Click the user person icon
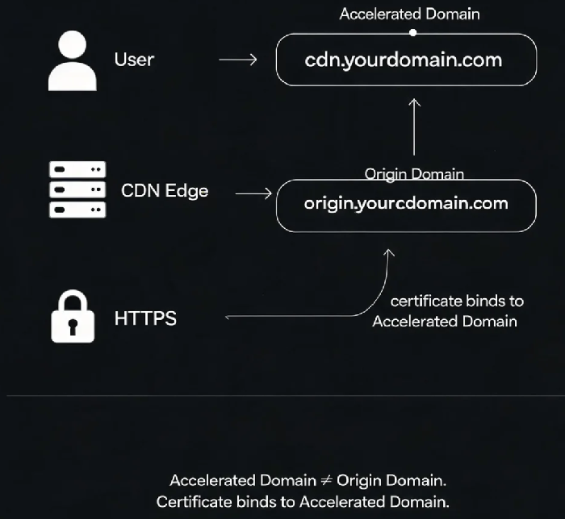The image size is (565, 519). click(73, 60)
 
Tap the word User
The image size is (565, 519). click(134, 60)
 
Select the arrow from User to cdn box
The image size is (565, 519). click(238, 60)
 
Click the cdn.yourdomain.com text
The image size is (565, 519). click(404, 60)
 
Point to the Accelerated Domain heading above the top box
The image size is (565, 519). click(410, 14)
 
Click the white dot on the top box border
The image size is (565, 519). click(413, 33)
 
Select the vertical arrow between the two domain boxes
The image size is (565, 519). click(414, 127)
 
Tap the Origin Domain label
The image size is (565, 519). click(414, 174)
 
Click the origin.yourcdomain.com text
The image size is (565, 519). click(406, 204)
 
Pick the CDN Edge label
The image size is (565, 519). click(165, 191)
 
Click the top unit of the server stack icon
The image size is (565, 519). click(77, 169)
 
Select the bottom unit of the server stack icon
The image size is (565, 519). click(77, 210)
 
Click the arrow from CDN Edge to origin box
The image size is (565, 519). click(253, 193)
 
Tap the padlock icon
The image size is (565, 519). click(73, 316)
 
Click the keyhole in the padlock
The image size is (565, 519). click(73, 326)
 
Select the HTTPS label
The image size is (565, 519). click(145, 318)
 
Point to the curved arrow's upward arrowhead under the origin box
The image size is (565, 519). click(388, 252)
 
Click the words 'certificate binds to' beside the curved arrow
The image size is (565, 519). click(457, 301)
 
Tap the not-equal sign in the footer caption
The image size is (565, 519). click(326, 480)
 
